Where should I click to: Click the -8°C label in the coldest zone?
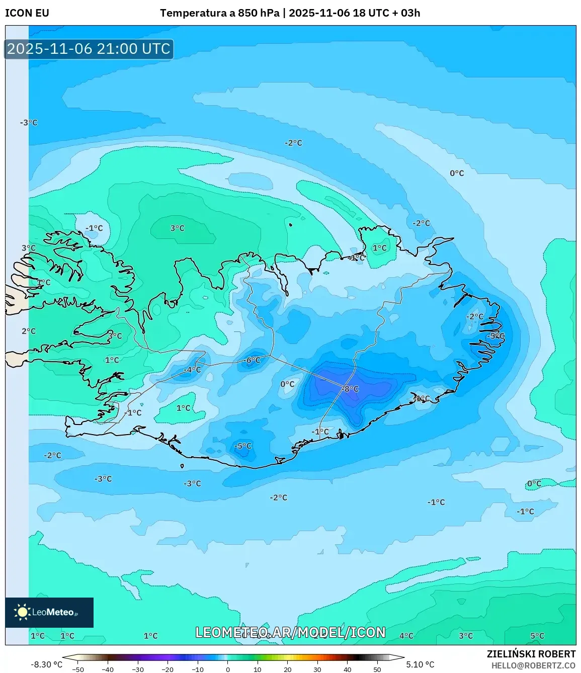[350, 389]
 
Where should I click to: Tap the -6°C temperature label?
[252, 360]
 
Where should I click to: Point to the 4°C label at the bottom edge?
[406, 636]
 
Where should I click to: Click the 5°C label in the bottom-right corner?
[537, 636]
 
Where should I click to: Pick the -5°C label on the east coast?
[495, 335]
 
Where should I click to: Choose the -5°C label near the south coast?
[243, 446]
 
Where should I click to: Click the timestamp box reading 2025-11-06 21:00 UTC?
[89, 49]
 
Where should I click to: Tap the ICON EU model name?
[27, 13]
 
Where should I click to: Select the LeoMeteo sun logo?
[22, 612]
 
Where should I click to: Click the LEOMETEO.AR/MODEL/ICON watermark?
[290, 632]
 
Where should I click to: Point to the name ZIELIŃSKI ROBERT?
[531, 654]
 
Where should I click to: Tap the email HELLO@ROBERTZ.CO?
[533, 665]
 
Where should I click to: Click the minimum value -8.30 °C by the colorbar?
[47, 664]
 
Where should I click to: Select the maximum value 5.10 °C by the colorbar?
[420, 664]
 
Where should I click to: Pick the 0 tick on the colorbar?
[228, 669]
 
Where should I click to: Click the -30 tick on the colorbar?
[137, 669]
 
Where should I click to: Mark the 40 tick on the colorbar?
[347, 669]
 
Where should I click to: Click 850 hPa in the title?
[259, 13]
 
